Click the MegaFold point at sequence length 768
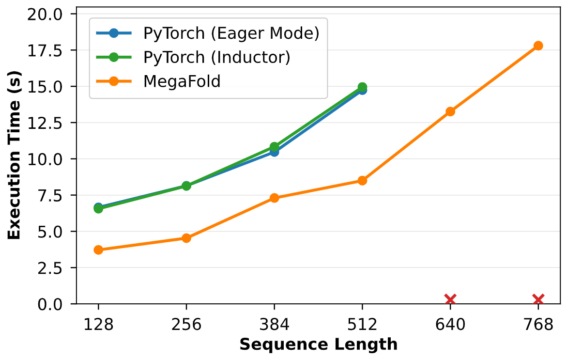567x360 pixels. click(x=538, y=46)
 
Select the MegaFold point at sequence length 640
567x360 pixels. click(x=450, y=111)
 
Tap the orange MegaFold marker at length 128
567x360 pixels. click(x=98, y=250)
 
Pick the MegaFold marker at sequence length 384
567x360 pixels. click(x=275, y=198)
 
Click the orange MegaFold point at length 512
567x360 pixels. click(x=362, y=181)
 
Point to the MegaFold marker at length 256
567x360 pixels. click(x=186, y=238)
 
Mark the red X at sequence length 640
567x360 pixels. click(x=450, y=299)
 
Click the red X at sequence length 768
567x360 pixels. click(x=538, y=299)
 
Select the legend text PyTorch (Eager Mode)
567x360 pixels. click(x=231, y=33)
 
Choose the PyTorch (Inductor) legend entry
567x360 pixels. click(x=216, y=57)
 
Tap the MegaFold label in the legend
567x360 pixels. click(x=182, y=81)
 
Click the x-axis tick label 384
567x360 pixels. click(x=275, y=324)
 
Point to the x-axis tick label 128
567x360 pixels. click(x=98, y=324)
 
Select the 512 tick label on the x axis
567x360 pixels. click(x=362, y=324)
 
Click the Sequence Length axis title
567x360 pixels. click(x=318, y=344)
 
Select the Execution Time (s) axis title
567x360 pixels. click(x=14, y=159)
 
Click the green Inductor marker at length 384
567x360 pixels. click(x=275, y=146)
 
